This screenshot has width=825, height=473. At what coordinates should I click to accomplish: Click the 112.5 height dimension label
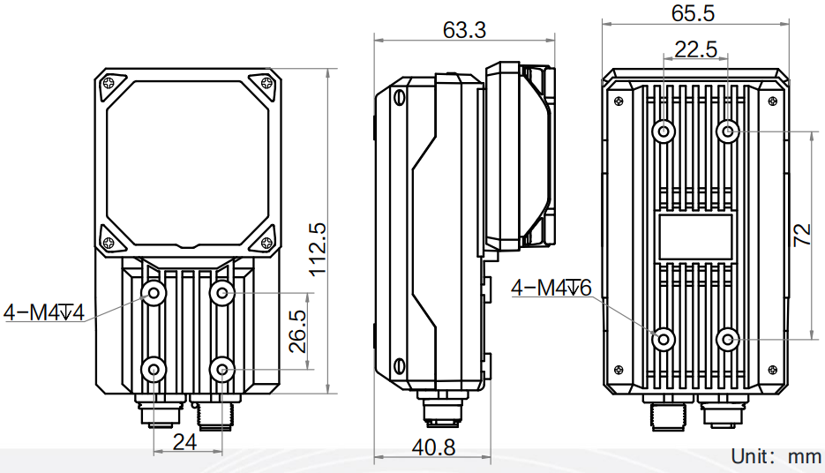(x=318, y=250)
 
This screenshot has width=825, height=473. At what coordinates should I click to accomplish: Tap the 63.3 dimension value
(x=464, y=30)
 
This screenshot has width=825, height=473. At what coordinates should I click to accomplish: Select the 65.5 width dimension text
(x=693, y=13)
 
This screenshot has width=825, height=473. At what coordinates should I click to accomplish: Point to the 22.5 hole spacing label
(x=696, y=49)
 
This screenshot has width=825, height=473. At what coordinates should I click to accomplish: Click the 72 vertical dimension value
(x=802, y=235)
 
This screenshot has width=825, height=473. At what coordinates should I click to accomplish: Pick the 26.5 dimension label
(x=297, y=331)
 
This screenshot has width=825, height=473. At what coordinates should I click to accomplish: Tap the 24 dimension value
(x=184, y=442)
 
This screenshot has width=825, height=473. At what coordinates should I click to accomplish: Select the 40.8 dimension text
(x=433, y=447)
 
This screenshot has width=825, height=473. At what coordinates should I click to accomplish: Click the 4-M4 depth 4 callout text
(x=43, y=312)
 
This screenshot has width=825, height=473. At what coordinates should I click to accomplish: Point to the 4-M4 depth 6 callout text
(x=551, y=288)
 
